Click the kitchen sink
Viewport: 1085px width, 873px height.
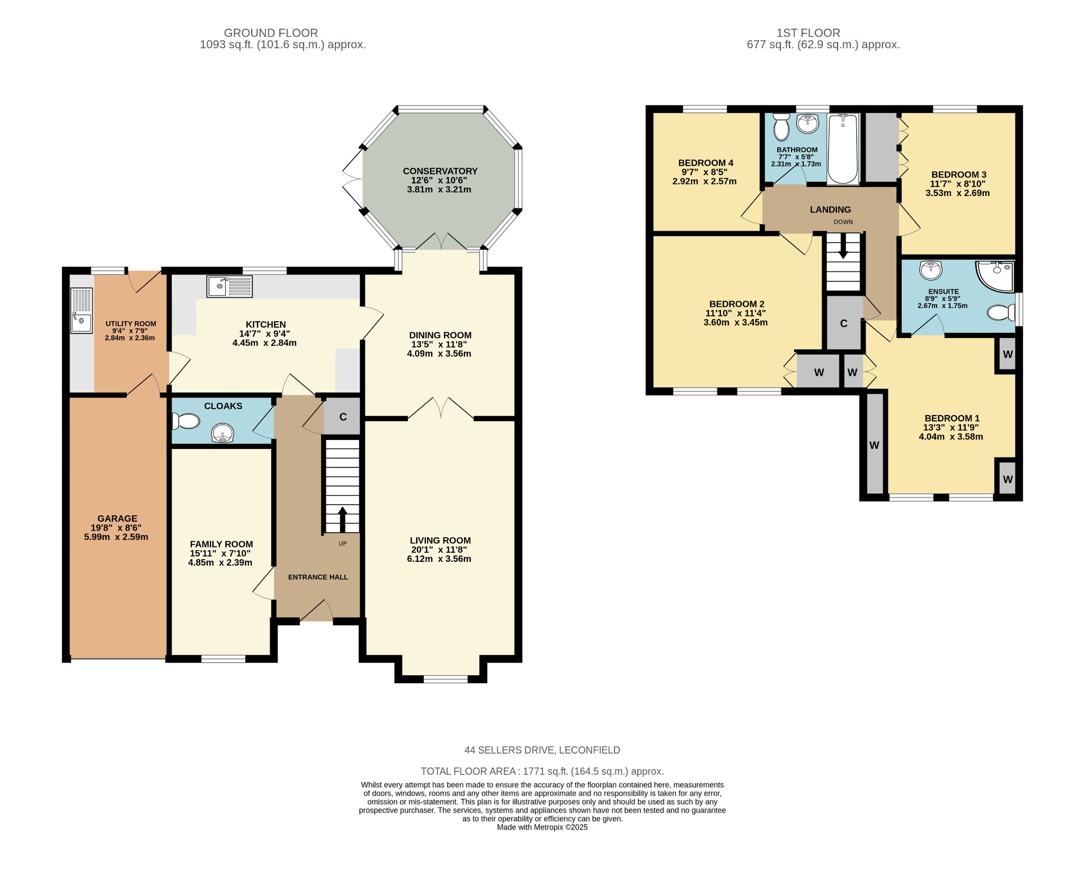click(229, 287)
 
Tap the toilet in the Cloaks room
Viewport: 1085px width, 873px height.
click(185, 421)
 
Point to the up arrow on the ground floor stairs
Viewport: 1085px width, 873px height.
click(342, 519)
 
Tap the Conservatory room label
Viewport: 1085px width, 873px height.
click(440, 171)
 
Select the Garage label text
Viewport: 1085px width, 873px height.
click(117, 518)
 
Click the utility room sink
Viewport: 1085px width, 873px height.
click(82, 311)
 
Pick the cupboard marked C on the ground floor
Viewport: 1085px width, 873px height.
click(342, 416)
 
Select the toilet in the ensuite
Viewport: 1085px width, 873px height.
click(1001, 312)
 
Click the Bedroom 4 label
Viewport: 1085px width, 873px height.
click(706, 163)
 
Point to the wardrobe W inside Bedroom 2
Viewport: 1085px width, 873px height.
click(819, 372)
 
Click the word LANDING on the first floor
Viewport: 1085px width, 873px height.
click(830, 209)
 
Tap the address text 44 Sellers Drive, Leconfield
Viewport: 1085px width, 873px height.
click(542, 750)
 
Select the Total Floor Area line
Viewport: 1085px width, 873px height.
click(542, 771)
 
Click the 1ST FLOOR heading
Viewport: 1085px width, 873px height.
click(808, 33)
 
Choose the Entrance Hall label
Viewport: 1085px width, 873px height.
click(318, 577)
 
